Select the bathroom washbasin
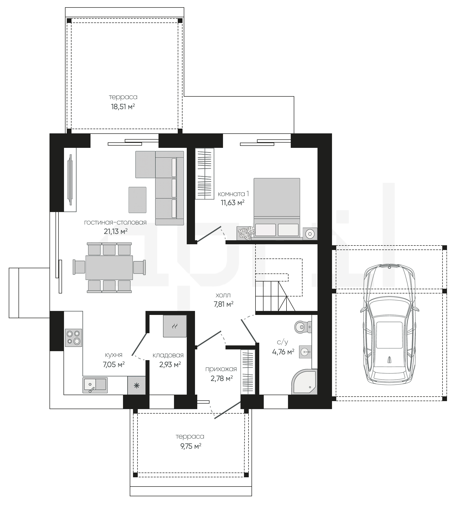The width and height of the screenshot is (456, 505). pyautogui.click(x=305, y=352)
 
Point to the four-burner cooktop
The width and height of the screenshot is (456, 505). pyautogui.click(x=73, y=338)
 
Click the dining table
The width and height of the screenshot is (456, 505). pyautogui.click(x=109, y=267)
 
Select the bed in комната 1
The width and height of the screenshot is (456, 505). pyautogui.click(x=277, y=208)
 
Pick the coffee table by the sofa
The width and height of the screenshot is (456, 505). pyautogui.click(x=137, y=200)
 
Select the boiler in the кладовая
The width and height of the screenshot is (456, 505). pyautogui.click(x=175, y=326)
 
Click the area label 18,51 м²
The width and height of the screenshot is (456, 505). pyautogui.click(x=123, y=107)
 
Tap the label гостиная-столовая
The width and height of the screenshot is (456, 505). pyautogui.click(x=115, y=223)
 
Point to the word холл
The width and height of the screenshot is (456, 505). pyautogui.click(x=223, y=295)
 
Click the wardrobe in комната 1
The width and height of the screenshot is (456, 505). pyautogui.click(x=205, y=174)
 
